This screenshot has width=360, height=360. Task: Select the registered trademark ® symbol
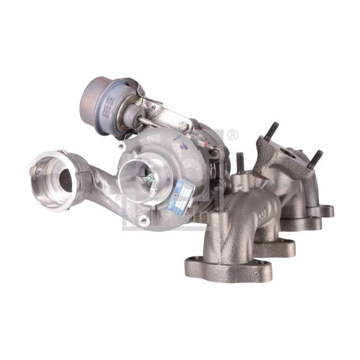233,134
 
